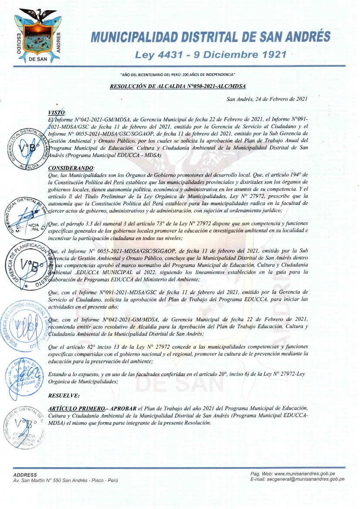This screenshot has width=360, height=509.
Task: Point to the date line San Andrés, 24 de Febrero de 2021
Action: coord(268,99)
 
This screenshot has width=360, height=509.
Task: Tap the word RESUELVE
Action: coord(64,396)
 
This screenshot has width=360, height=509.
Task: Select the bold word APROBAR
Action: coord(123,408)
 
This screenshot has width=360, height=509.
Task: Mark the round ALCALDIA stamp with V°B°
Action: coord(29,148)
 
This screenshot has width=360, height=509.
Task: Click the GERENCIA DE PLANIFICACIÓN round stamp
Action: coord(27,265)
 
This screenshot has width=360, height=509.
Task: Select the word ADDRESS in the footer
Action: coord(25,475)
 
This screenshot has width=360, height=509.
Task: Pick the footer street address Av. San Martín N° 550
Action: coord(66,480)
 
